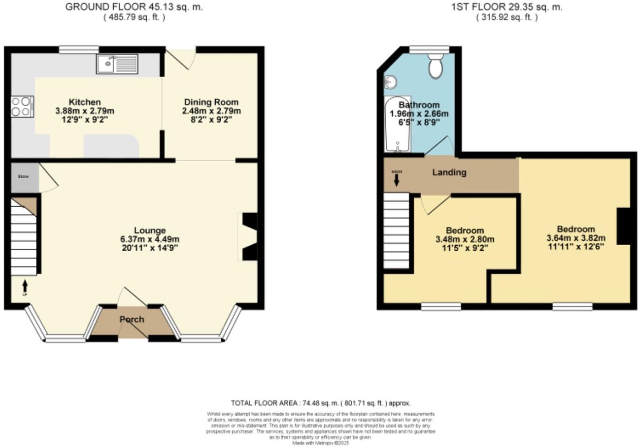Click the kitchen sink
click(x=117, y=64)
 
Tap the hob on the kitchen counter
click(x=22, y=107)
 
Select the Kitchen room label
click(x=84, y=102)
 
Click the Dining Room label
click(x=211, y=102)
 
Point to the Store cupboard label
click(x=23, y=176)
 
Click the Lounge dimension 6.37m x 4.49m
click(x=150, y=239)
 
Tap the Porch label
click(x=132, y=320)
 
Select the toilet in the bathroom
click(x=436, y=66)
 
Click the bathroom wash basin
click(x=390, y=82)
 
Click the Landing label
click(x=449, y=173)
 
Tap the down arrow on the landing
click(x=396, y=180)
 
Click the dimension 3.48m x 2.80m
click(x=465, y=240)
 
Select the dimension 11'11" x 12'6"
click(x=576, y=247)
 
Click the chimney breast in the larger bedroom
click(x=623, y=226)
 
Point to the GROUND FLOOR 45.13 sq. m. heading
click(x=134, y=7)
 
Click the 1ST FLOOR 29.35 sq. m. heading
click(x=507, y=7)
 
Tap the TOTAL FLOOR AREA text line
click(x=320, y=403)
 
